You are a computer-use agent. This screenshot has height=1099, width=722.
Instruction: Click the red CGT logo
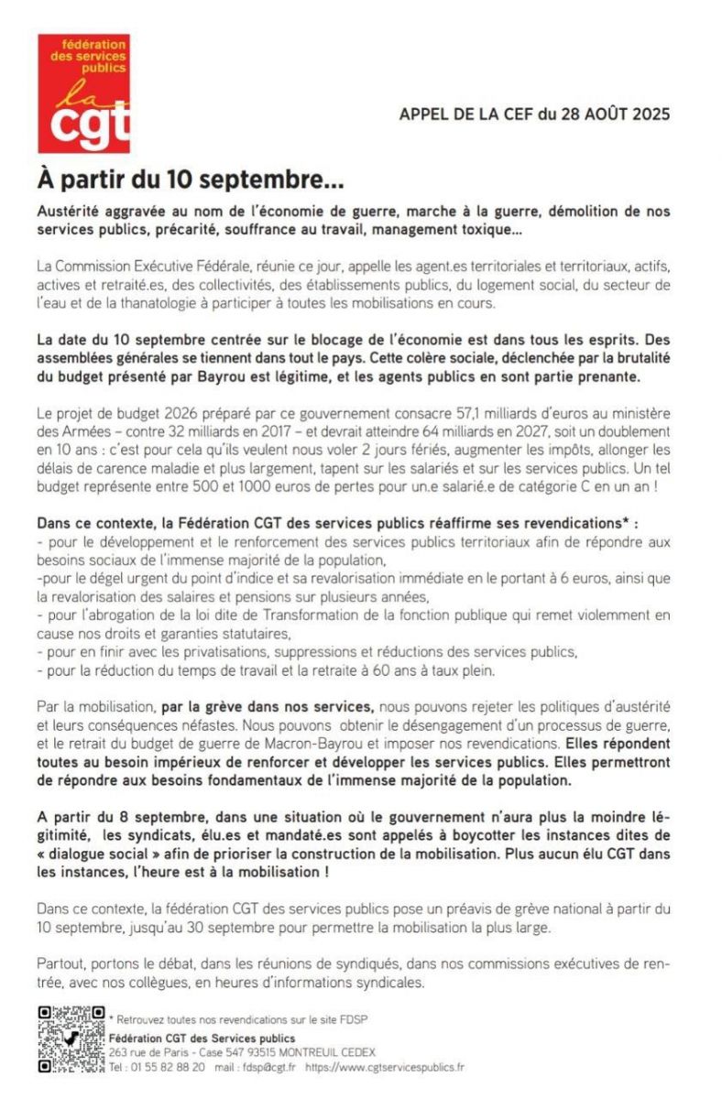pyautogui.click(x=83, y=93)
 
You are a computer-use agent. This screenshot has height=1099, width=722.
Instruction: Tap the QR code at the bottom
pyautogui.click(x=70, y=1039)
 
